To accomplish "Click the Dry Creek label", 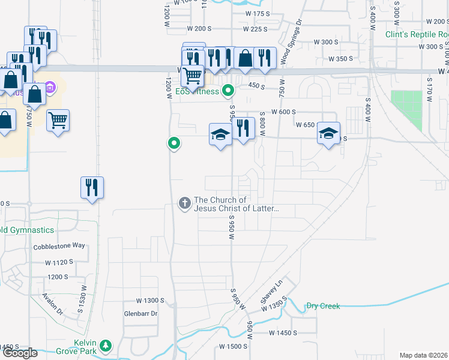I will click(323, 306).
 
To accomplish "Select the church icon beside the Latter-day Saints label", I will click(184, 204).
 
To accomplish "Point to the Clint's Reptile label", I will click(417, 34).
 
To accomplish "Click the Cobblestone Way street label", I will click(59, 246).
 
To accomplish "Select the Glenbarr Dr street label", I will click(140, 313).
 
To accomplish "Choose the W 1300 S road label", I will click(150, 300).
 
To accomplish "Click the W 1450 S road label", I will click(283, 332).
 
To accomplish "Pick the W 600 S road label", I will click(285, 112).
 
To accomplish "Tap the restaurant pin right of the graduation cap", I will click(242, 128).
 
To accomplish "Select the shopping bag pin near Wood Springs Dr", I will click(245, 59).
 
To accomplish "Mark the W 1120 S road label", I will click(59, 262).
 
